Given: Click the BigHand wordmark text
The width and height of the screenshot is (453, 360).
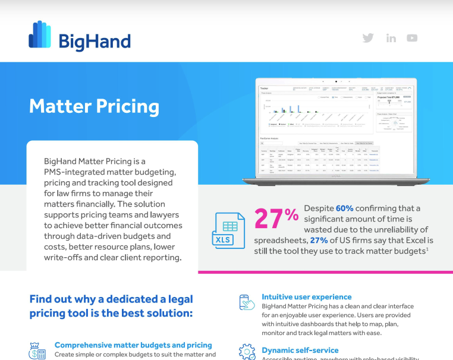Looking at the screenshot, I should (x=95, y=42).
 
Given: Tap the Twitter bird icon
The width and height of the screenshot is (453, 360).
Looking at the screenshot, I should (x=368, y=38).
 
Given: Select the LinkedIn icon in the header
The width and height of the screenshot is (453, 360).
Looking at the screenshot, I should (x=391, y=38).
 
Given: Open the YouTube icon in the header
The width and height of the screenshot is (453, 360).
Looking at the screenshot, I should (x=412, y=38).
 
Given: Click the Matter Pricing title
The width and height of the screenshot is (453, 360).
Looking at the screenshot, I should (x=94, y=107).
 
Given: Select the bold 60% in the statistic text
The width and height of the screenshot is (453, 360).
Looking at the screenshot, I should (x=344, y=208).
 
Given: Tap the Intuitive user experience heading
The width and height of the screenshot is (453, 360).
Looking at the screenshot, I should (x=306, y=296).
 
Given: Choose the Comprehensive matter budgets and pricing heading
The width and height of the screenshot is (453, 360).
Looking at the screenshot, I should (x=133, y=345).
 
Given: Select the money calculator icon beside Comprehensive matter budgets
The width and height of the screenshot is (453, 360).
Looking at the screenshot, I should (x=39, y=350).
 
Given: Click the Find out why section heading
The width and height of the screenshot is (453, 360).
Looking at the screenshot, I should (x=111, y=306).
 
